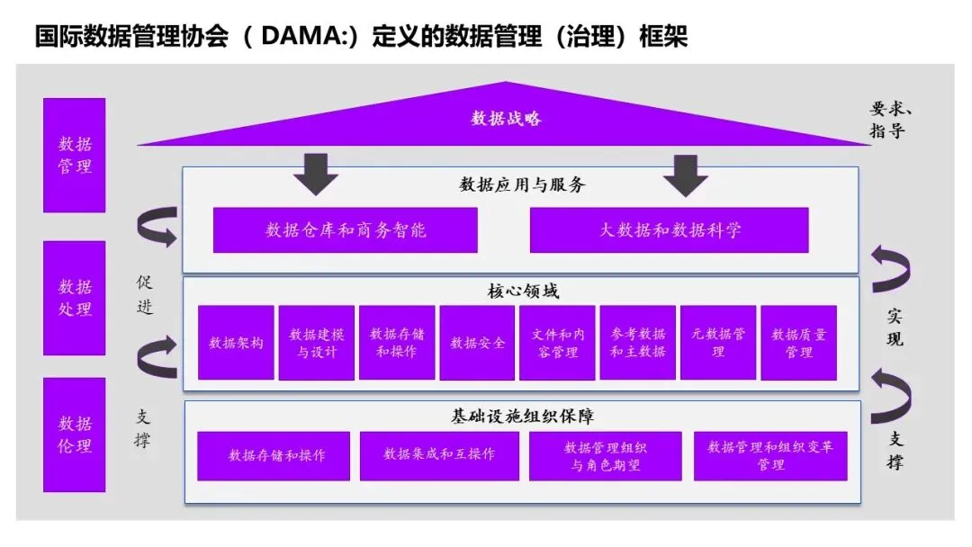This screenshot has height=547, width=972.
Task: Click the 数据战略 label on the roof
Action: pos(507,119)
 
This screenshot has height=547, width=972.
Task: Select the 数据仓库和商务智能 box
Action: pos(345,230)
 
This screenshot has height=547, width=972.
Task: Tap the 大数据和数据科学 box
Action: pos(669,230)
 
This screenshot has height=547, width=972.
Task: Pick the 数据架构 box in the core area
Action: pos(236,343)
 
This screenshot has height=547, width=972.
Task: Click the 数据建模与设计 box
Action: pos(316,343)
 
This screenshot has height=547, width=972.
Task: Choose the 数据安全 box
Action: pos(477,343)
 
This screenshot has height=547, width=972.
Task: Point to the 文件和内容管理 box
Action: pos(557,343)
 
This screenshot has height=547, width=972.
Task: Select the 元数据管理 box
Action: pos(717,343)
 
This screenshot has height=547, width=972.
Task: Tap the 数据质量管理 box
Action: pos(798,343)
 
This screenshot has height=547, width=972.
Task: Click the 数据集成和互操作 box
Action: pos(439,455)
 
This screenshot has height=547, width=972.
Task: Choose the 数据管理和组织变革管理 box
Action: pos(770,455)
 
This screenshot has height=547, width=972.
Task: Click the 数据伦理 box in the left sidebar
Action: pos(75,435)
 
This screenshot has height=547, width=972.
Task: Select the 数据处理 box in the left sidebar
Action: pos(75,298)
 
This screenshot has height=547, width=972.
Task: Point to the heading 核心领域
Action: pos(522,291)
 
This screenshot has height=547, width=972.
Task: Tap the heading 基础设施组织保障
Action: pos(522,417)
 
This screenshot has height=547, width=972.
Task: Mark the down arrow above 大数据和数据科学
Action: pos(686,175)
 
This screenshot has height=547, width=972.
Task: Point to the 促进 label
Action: pos(145,294)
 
